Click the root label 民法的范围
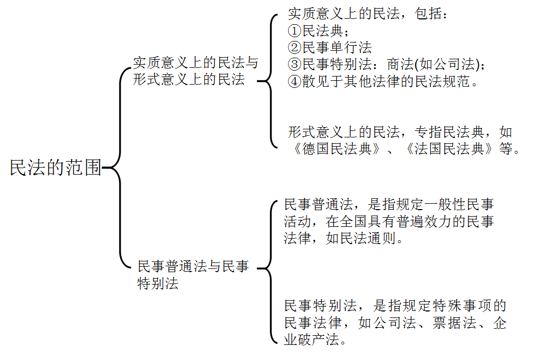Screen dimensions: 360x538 point(55,168)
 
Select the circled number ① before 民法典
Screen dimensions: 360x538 point(294,31)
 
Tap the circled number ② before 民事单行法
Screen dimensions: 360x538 point(294,47)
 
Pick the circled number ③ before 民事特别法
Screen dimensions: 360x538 point(294,65)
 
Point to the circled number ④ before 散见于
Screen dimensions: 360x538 point(294,82)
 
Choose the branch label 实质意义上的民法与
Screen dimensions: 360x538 point(195,63)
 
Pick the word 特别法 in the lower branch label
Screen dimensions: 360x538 point(158,283)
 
